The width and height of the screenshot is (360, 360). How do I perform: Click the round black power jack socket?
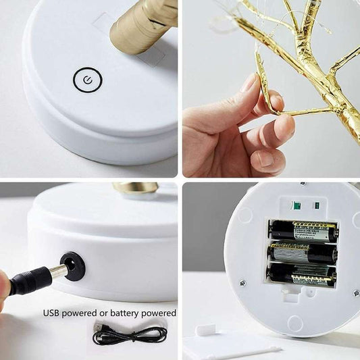[x=72, y=265]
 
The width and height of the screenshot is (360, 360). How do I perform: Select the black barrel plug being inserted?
[x=30, y=279]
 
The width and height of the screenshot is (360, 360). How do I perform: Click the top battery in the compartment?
[x=303, y=231]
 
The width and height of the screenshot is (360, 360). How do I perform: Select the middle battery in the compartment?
[x=303, y=253]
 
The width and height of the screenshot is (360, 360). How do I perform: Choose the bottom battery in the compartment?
[x=303, y=274]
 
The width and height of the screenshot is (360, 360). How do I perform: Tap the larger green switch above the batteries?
[x=295, y=205]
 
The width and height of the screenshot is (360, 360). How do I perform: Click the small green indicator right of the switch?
[x=317, y=205]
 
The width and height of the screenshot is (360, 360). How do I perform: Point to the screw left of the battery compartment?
[x=243, y=283]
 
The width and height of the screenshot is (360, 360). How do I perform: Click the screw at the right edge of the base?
[x=356, y=292]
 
